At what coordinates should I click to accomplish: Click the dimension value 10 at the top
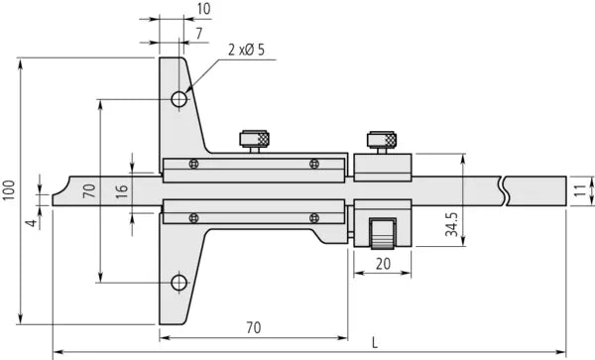click(204, 9)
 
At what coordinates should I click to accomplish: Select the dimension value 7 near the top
click(201, 34)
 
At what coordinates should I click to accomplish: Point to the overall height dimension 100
click(9, 191)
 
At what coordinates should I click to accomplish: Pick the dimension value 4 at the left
click(31, 223)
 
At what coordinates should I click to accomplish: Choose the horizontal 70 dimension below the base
click(253, 326)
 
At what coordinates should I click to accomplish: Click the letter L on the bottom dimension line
click(374, 342)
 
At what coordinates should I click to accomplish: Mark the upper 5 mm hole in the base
click(178, 99)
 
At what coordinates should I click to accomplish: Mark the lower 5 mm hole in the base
click(178, 283)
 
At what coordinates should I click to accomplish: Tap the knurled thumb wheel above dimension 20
click(383, 237)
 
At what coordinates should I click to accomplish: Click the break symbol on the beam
click(507, 188)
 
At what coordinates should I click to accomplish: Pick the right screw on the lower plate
click(314, 217)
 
